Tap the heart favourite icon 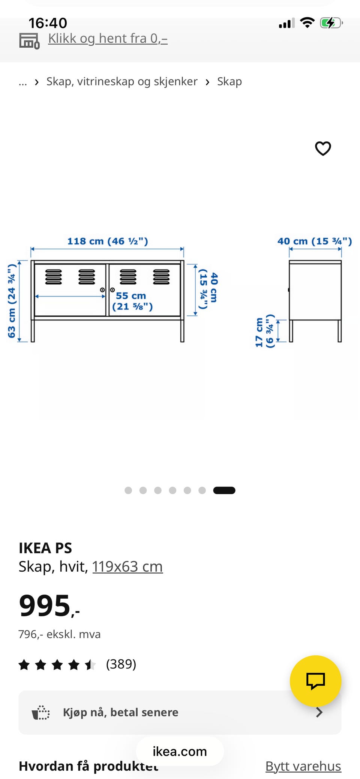(323, 148)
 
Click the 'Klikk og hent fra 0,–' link (108, 39)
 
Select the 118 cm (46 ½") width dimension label (108, 241)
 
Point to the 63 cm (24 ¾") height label (12, 301)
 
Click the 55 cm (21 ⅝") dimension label (132, 301)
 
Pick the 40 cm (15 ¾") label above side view (315, 241)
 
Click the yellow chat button (315, 681)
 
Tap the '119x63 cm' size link (127, 566)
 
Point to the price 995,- (49, 605)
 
